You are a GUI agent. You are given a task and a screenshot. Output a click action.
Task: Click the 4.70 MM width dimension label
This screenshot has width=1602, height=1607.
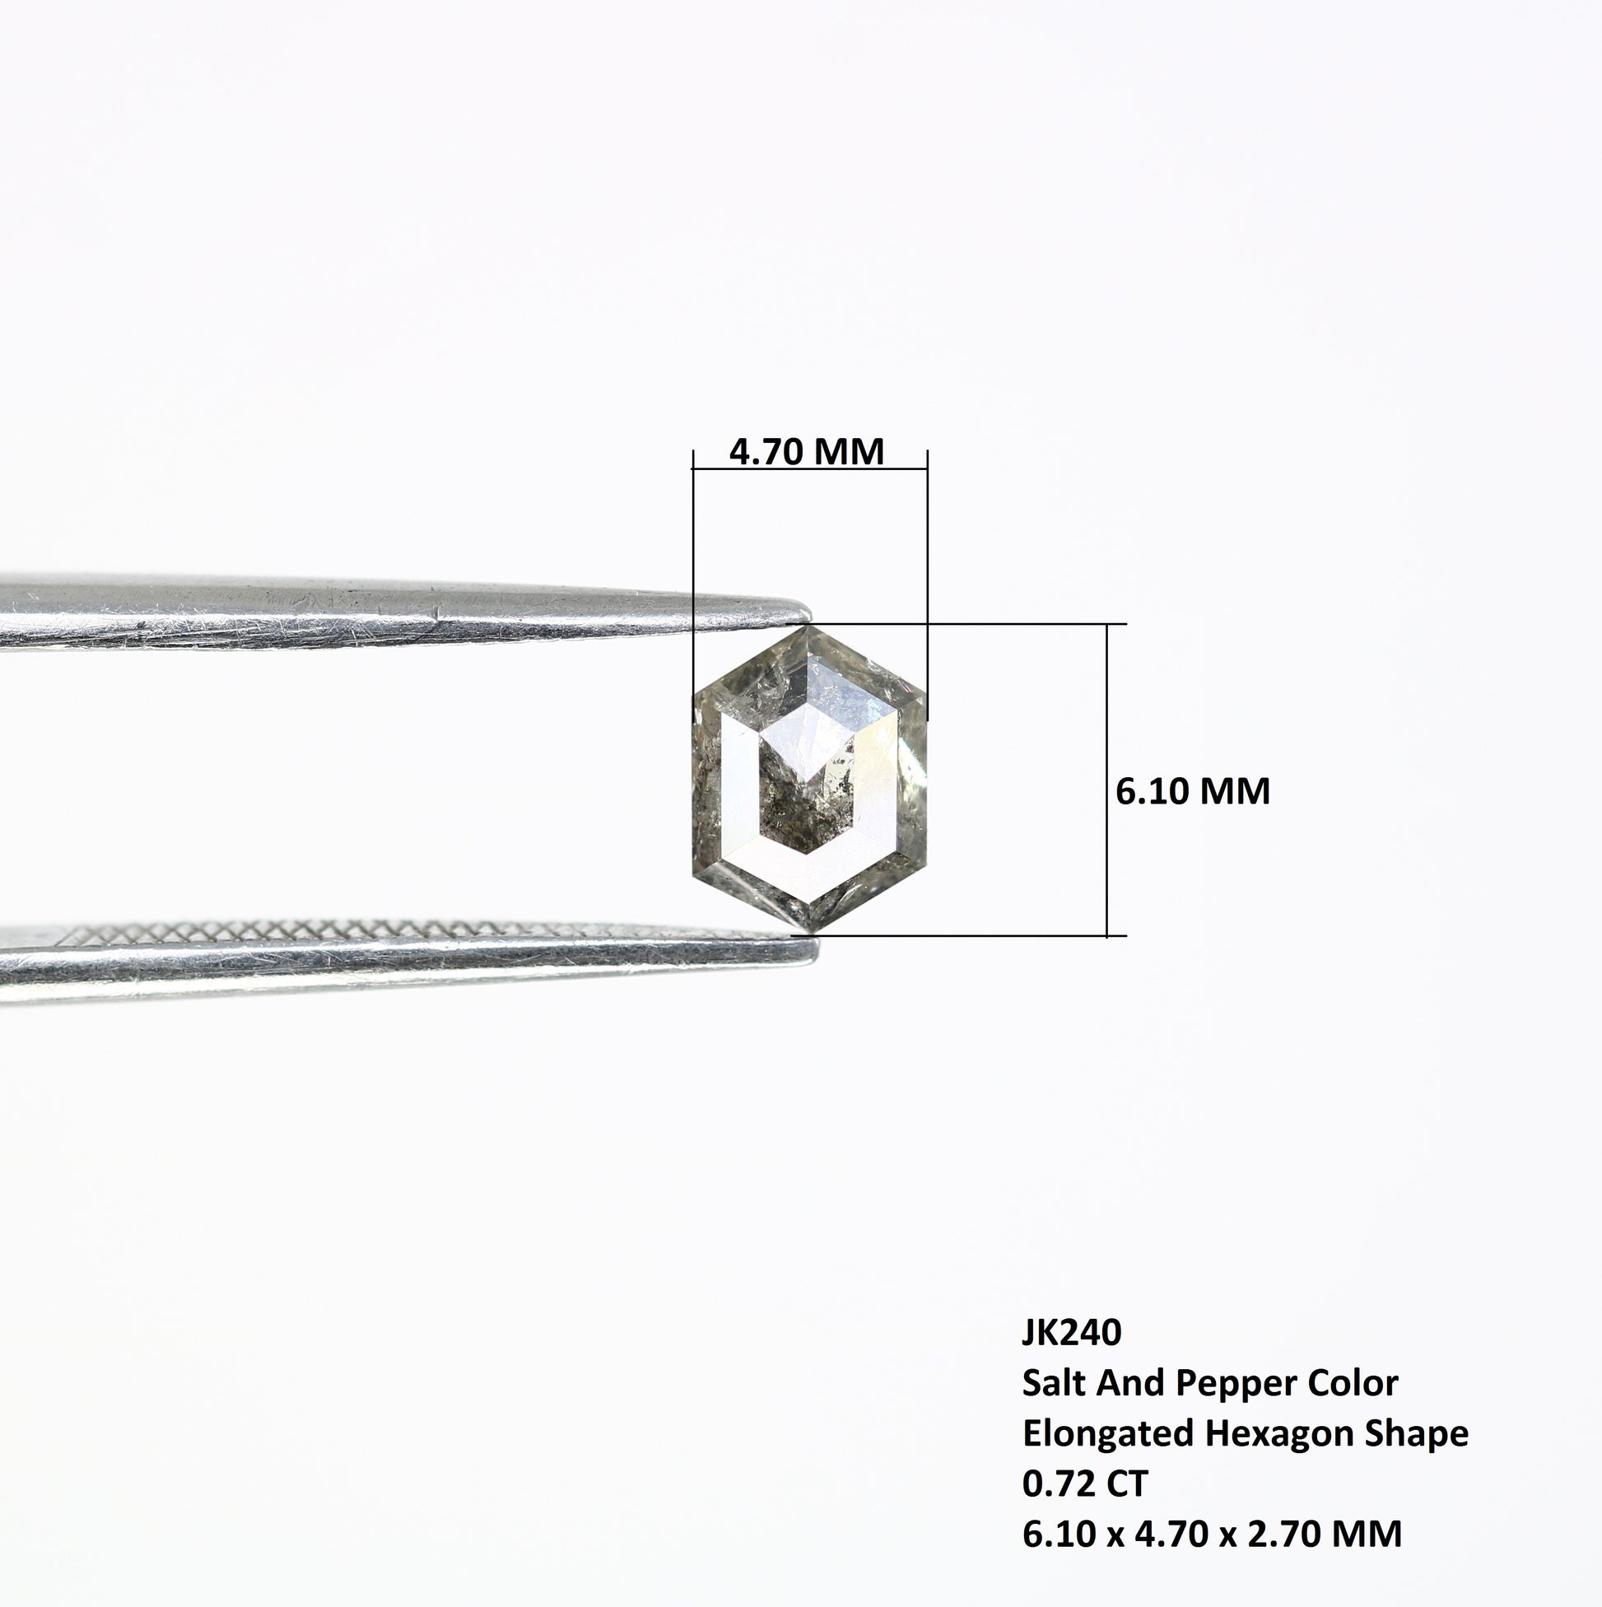click(806, 452)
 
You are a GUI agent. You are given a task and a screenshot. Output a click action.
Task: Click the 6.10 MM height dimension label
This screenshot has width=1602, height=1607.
click(1193, 791)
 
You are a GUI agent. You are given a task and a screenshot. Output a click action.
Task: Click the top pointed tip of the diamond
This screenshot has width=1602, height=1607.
click(809, 626)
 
